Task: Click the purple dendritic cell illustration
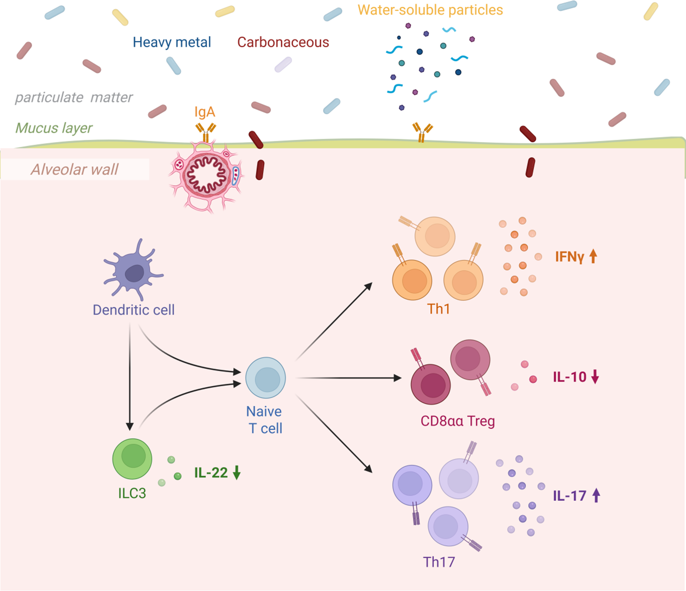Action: click(134, 272)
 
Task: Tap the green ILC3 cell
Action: click(132, 458)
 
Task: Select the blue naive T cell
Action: click(265, 378)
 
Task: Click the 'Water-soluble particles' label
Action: click(430, 10)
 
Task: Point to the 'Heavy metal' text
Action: click(172, 42)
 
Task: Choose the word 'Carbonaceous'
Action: click(283, 42)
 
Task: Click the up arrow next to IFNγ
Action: click(593, 256)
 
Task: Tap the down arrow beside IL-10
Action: click(595, 377)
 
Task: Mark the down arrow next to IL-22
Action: click(237, 473)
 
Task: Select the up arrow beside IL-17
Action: click(596, 495)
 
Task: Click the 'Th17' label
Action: click(439, 562)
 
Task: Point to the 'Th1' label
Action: click(438, 309)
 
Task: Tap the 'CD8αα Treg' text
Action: click(457, 421)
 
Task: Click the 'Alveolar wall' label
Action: click(75, 169)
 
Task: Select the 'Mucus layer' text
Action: click(54, 128)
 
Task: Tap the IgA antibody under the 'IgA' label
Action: click(206, 132)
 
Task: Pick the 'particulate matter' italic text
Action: click(74, 97)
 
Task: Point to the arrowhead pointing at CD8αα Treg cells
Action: click(397, 378)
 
